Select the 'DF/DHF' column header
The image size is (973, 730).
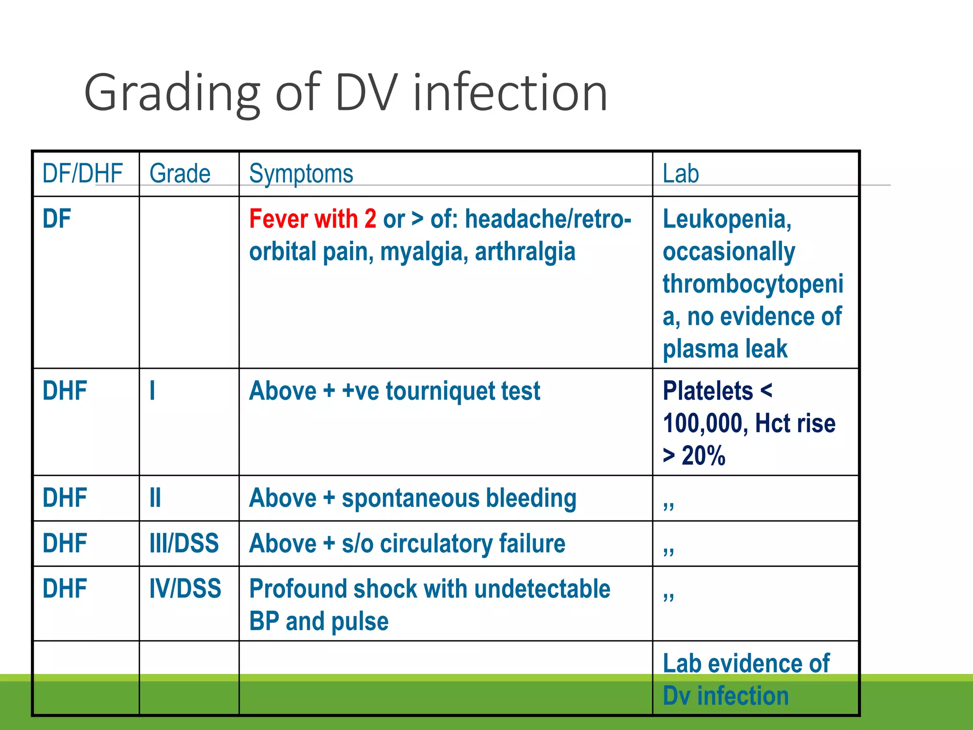(x=82, y=173)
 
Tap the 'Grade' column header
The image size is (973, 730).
(x=180, y=173)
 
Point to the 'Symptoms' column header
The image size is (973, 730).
(x=301, y=173)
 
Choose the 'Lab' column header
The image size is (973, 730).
(x=680, y=173)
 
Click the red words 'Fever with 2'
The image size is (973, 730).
(x=312, y=219)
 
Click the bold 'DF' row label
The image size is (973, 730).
(x=57, y=219)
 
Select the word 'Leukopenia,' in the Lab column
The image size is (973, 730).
(x=727, y=219)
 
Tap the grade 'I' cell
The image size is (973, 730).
(x=152, y=391)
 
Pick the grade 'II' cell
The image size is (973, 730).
(x=155, y=498)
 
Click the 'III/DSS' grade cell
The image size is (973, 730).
(x=184, y=543)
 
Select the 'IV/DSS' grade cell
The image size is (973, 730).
(x=185, y=588)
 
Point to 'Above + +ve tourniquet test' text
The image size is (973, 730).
(x=394, y=391)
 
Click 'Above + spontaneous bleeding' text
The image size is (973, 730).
(x=412, y=498)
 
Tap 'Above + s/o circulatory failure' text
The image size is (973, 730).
(x=407, y=543)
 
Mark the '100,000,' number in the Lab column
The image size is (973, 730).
(x=705, y=423)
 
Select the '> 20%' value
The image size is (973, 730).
(x=694, y=455)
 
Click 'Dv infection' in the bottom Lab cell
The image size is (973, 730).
(x=725, y=696)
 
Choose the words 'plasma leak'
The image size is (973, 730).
(x=725, y=349)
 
